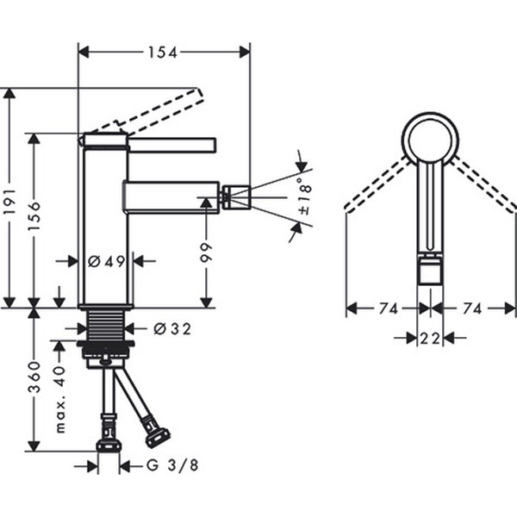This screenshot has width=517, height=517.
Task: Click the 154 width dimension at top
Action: pos(162,53)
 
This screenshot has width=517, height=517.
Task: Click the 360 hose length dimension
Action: pos(35,377)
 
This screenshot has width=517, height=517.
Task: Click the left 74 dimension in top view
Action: pos(381,308)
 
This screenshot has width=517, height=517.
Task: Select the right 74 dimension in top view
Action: pos(472,308)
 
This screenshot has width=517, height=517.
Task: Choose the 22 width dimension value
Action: pos(430,339)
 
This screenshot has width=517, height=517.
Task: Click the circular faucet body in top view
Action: pos(431,140)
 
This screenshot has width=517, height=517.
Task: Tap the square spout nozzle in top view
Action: pos(429,272)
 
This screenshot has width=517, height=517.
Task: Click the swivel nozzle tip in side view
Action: pos(235,196)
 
